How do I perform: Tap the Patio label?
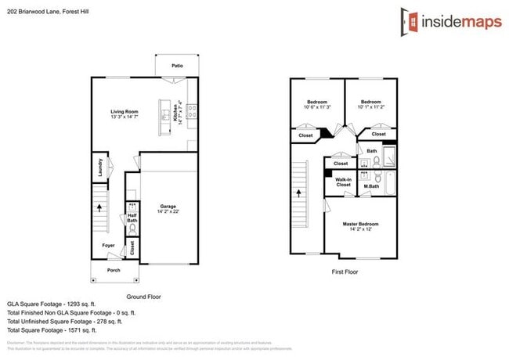(x=177, y=66)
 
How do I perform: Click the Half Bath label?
(x=132, y=218)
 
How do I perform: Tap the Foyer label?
(x=108, y=246)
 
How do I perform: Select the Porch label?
(x=114, y=270)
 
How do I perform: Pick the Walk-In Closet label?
(x=343, y=183)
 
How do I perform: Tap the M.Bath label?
(x=371, y=185)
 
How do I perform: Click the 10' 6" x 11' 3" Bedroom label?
(x=316, y=105)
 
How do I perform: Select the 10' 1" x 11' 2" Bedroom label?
(x=371, y=105)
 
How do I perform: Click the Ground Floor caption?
(x=144, y=297)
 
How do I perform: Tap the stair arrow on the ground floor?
(x=99, y=208)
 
